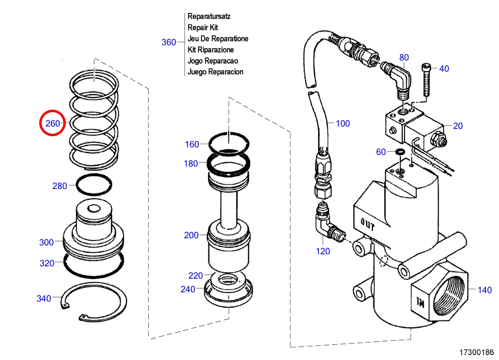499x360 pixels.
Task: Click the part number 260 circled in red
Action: [x=53, y=123]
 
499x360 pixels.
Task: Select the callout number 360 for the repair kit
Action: [x=169, y=42]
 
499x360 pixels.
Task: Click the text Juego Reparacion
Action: [x=215, y=72]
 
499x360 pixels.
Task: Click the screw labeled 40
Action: [x=426, y=80]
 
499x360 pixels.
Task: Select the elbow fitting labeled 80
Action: [x=399, y=78]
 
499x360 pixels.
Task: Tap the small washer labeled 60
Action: [x=400, y=152]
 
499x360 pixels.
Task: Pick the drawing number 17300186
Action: [x=477, y=353]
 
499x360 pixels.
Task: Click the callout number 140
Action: [x=485, y=290]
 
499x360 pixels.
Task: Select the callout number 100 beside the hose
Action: [x=343, y=123]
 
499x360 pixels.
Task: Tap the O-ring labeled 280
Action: [x=94, y=185]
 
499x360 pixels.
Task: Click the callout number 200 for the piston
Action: [x=191, y=235]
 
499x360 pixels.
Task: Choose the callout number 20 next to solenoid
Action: [x=458, y=126]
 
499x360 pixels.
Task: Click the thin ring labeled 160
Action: [x=229, y=142]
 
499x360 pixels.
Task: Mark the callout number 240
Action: [x=188, y=289]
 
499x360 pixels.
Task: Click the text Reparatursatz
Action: [x=209, y=16]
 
